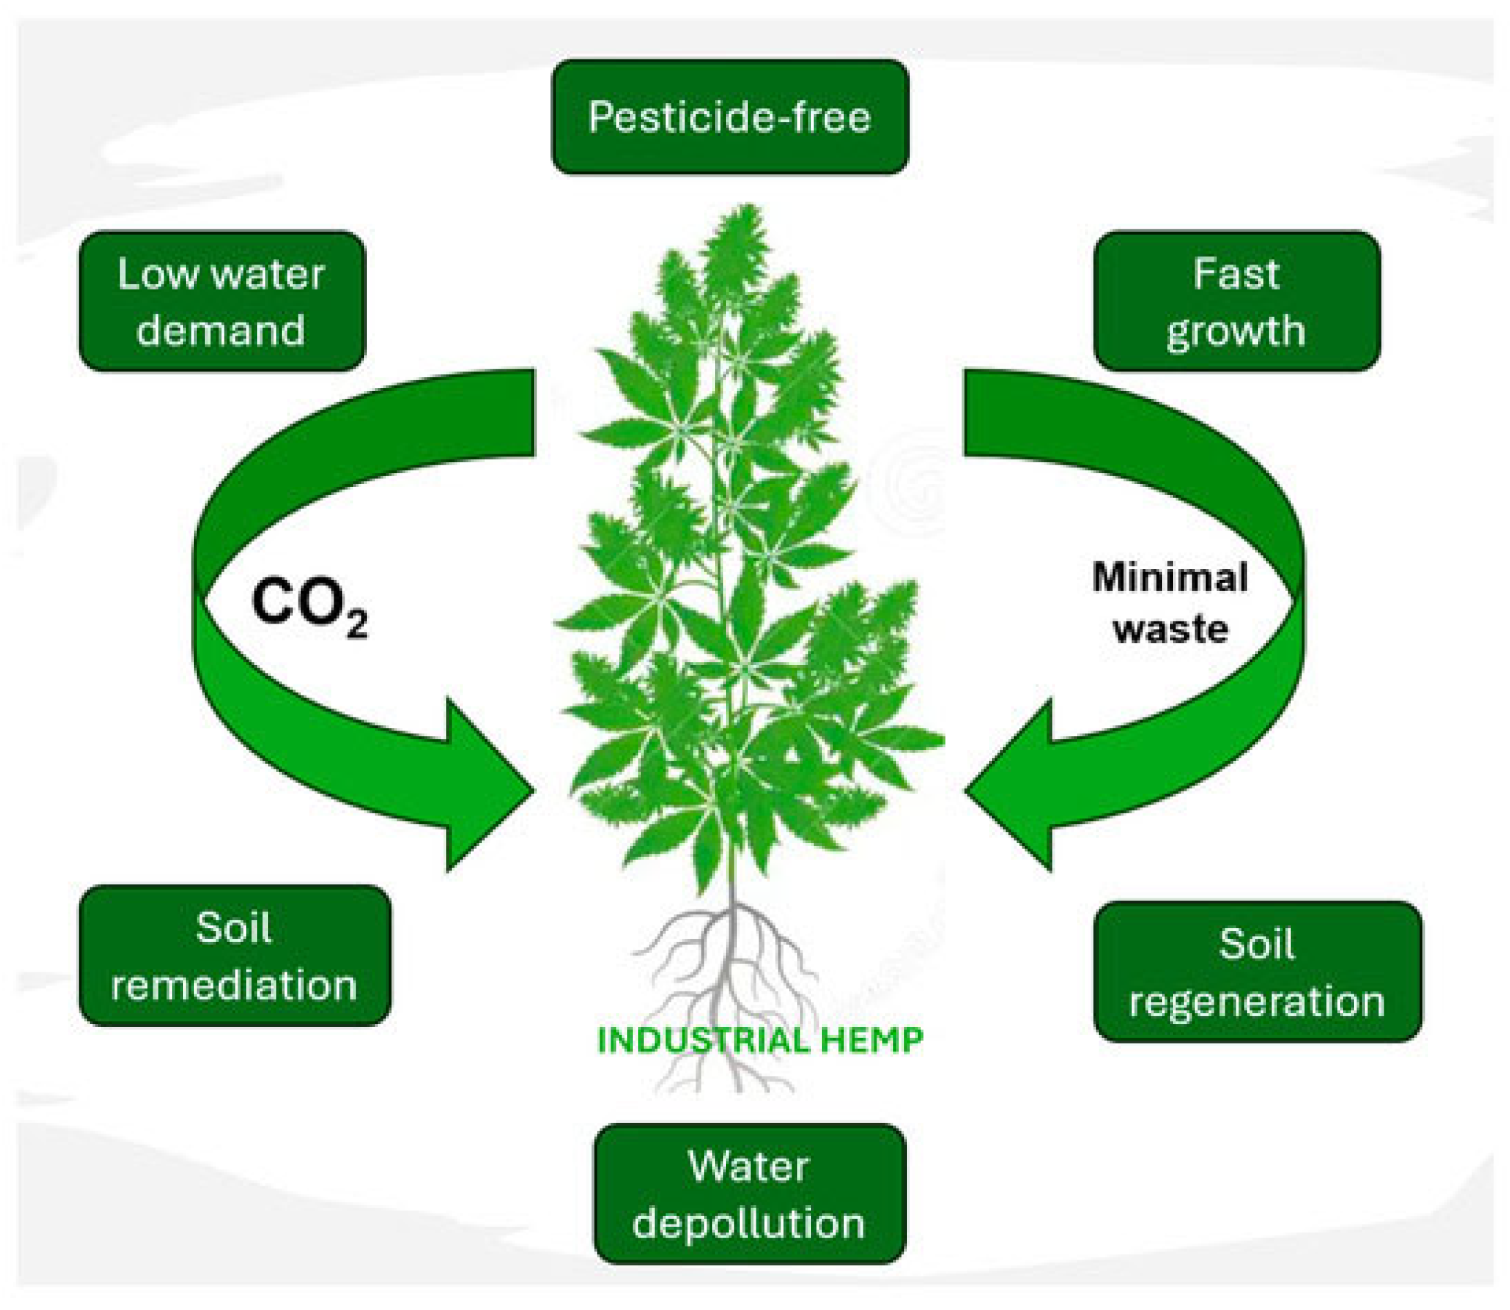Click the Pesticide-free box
click(x=729, y=117)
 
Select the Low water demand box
click(x=222, y=301)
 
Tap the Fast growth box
click(x=1236, y=301)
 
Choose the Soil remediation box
click(x=235, y=956)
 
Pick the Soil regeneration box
click(x=1258, y=972)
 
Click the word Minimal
click(x=1170, y=577)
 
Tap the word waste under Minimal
click(x=1170, y=628)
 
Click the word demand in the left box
click(x=221, y=330)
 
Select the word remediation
click(x=234, y=985)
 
